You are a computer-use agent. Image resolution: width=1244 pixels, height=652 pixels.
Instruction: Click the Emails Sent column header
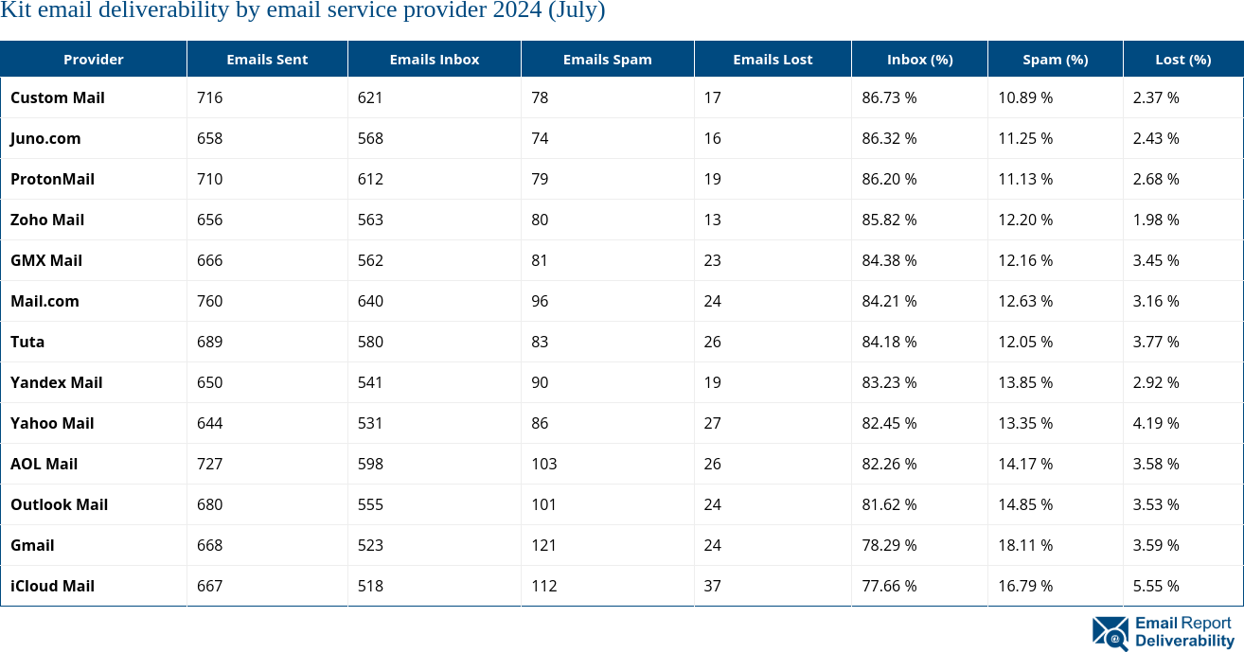pos(267,60)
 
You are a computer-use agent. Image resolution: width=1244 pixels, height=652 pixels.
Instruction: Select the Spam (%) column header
pos(1055,60)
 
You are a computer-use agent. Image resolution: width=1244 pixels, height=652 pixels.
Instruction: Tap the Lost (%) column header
pos(1182,60)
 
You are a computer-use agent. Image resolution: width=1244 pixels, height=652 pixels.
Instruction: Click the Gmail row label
pos(32,545)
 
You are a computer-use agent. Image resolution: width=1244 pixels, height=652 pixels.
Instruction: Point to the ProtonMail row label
pos(52,179)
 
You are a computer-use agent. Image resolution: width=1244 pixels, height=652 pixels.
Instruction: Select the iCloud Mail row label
pos(52,586)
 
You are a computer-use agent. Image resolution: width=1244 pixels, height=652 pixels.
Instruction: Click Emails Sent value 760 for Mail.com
pos(209,301)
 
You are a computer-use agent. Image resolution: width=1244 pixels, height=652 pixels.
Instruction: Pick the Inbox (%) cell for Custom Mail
pos(889,97)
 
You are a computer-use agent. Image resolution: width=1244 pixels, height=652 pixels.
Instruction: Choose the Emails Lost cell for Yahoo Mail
pos(712,423)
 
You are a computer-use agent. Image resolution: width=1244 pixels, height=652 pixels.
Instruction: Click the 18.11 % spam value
pos(1025,545)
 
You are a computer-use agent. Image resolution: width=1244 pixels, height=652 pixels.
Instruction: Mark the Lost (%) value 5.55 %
pos(1156,586)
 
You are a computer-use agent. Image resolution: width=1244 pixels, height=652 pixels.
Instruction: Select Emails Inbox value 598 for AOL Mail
pos(370,464)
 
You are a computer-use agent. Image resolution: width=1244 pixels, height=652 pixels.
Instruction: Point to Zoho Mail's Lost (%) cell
pos(1156,220)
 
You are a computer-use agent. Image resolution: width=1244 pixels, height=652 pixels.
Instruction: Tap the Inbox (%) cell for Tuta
pos(889,342)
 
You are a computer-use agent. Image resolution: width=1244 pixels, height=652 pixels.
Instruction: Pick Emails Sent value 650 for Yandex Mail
pos(209,382)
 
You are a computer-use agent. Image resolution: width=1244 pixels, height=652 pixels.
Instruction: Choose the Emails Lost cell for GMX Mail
pos(712,260)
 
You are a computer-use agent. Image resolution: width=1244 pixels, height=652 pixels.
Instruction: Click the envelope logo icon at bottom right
pos(1110,633)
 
